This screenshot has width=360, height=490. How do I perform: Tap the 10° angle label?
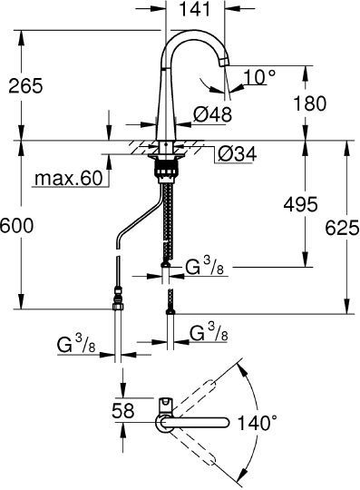[257, 78]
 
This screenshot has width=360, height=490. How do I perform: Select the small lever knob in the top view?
[166, 403]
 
